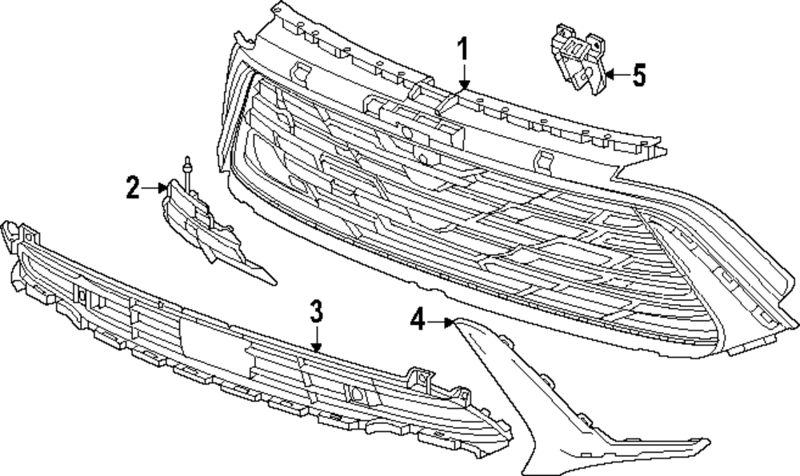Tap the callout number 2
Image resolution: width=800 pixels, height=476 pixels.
pos(132,189)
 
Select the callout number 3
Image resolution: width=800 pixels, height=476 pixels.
pos(317,310)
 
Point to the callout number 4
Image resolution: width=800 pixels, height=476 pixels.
pos(417,321)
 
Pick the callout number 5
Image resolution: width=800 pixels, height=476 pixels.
pos(638,75)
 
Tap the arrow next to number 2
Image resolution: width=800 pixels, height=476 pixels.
pos(154,189)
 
